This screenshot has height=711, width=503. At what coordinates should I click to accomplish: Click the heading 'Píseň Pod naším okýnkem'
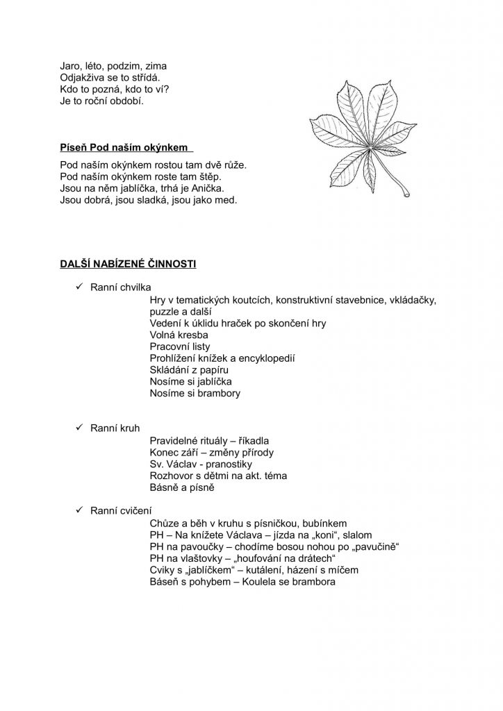pos(124,148)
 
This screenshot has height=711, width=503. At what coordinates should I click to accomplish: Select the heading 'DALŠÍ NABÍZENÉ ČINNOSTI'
pos(129,264)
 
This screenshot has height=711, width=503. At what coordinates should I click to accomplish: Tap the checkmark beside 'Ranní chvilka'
pos(79,286)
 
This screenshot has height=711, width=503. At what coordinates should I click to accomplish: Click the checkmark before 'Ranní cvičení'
pos(79,510)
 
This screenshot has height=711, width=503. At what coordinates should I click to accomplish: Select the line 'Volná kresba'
pos(179,335)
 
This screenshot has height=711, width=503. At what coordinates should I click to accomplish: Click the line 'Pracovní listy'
pos(180,346)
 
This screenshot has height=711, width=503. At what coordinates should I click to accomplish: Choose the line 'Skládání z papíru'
pos(189,370)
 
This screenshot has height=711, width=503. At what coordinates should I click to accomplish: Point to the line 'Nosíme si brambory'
pos(195,394)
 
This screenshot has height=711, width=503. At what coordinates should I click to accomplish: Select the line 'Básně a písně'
pos(183,487)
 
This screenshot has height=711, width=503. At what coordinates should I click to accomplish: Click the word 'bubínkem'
pos(325,523)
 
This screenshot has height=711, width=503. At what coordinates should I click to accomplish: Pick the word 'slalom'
pos(356,535)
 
